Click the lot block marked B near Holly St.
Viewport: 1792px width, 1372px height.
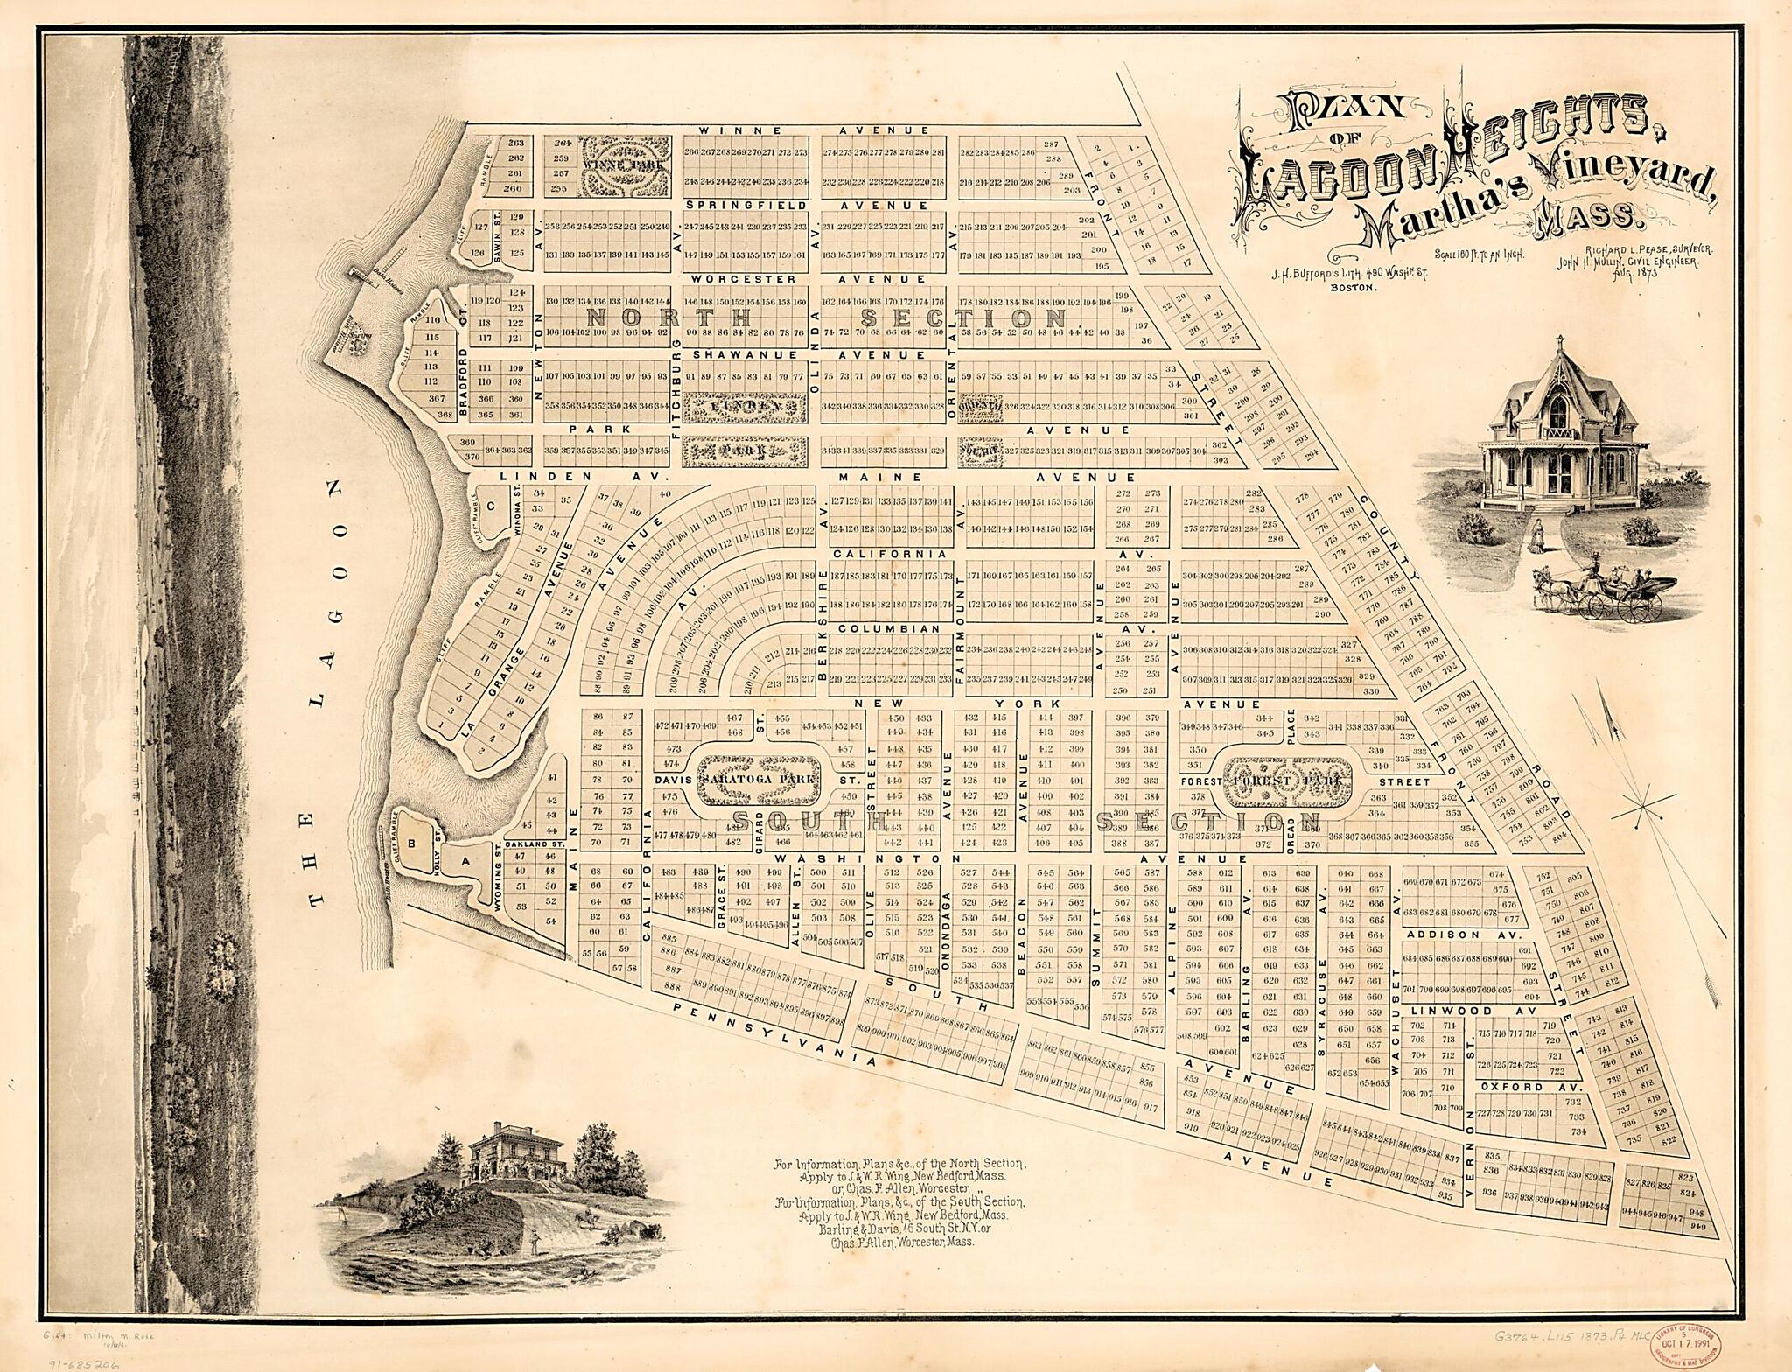[x=409, y=843]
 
